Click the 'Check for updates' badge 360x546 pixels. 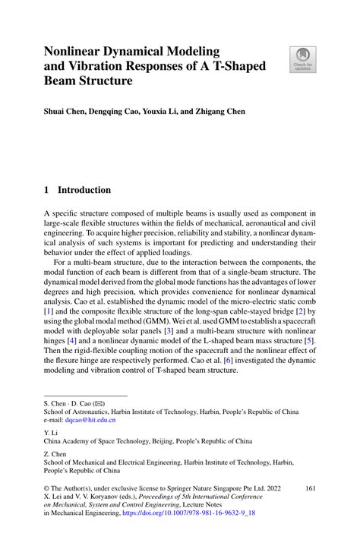tap(303, 59)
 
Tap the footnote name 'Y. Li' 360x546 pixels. tap(49, 431)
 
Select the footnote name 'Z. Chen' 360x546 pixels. tap(54, 453)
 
